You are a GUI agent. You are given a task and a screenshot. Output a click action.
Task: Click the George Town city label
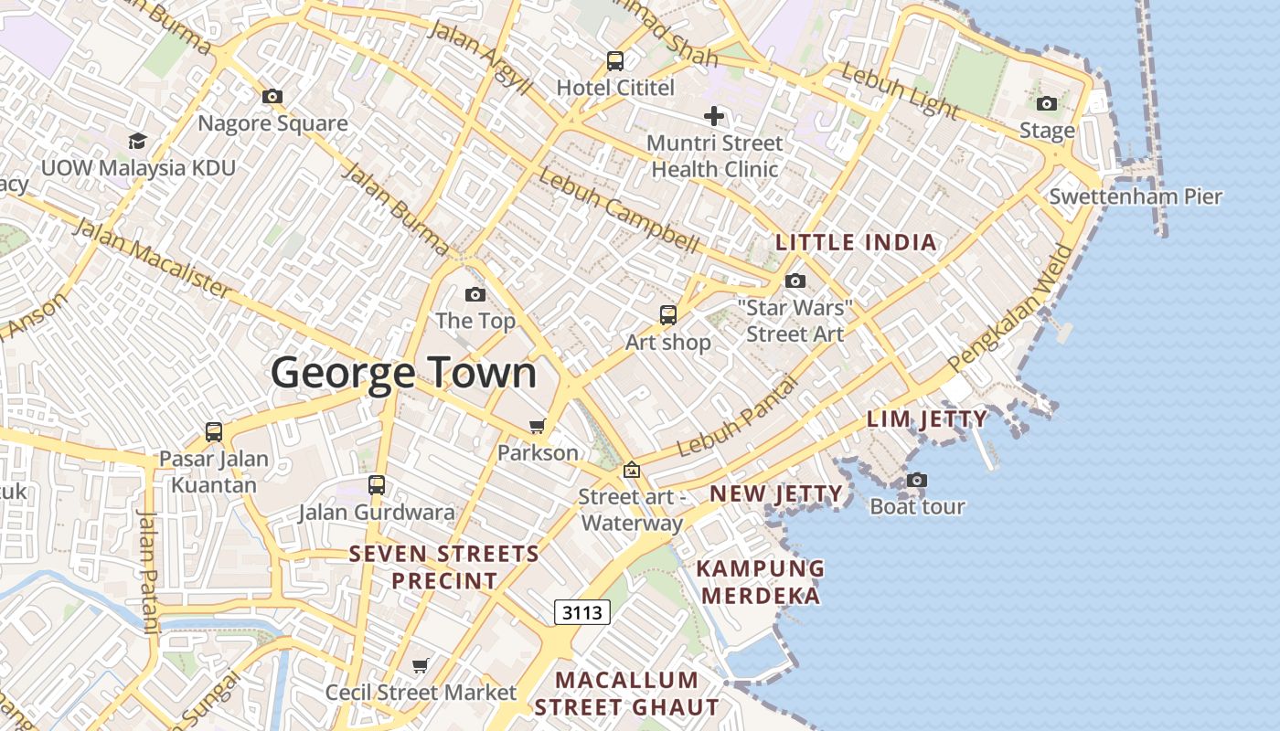click(x=403, y=374)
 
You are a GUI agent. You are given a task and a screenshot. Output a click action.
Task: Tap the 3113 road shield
click(x=582, y=612)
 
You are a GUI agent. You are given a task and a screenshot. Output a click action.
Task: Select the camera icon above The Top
click(x=475, y=294)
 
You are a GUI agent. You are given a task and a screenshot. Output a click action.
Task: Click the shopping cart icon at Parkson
click(x=538, y=426)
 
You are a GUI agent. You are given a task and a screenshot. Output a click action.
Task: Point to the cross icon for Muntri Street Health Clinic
click(x=714, y=116)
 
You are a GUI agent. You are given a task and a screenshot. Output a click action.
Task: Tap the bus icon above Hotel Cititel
click(x=615, y=61)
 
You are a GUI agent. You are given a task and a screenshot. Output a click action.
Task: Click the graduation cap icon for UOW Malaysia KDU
click(x=137, y=141)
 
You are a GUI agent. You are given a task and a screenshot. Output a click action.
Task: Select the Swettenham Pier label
click(x=1135, y=196)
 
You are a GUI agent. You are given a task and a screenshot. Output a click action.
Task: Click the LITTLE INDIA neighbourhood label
click(x=856, y=242)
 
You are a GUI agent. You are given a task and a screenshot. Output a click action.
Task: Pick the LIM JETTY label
click(x=927, y=419)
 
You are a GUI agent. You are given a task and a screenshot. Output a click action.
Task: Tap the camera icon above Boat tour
click(x=916, y=480)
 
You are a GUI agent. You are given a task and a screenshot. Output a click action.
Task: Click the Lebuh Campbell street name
click(x=619, y=211)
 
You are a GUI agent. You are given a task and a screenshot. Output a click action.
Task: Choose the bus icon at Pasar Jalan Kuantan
click(x=214, y=431)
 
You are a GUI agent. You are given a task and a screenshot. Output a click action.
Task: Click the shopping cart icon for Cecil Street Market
click(x=421, y=666)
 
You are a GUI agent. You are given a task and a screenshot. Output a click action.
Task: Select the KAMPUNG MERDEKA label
click(x=760, y=582)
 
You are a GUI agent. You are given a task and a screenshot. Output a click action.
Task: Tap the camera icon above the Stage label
click(x=1047, y=103)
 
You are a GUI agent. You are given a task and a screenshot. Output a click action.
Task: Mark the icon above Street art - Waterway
click(x=631, y=471)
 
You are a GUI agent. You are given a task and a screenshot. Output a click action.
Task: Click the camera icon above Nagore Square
click(x=272, y=96)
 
